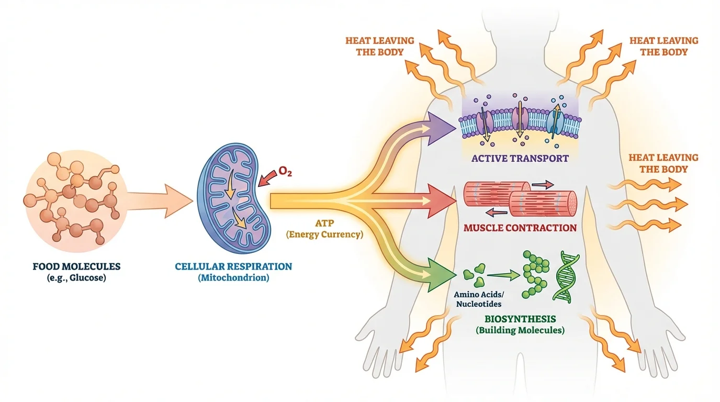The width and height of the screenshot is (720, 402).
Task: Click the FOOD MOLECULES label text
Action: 76,266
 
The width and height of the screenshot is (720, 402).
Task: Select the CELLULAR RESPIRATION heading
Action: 233,266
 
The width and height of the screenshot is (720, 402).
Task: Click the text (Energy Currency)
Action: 324,234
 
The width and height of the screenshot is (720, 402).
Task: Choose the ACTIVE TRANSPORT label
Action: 520,158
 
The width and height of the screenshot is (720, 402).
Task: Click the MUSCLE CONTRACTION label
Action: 520,228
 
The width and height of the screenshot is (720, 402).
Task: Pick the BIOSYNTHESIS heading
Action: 520,319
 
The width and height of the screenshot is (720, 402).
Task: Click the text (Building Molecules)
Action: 520,330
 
